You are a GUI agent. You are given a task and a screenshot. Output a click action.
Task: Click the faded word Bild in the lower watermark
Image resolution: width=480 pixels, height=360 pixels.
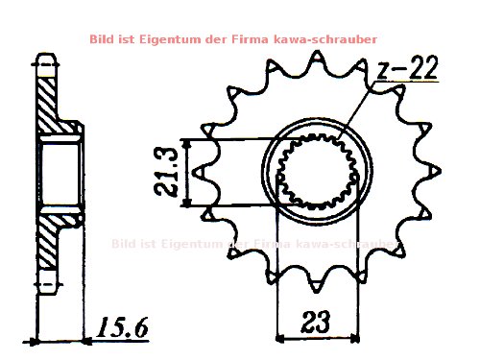126,244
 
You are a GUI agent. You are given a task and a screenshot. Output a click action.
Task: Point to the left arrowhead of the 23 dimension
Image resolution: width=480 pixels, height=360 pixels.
281,337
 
